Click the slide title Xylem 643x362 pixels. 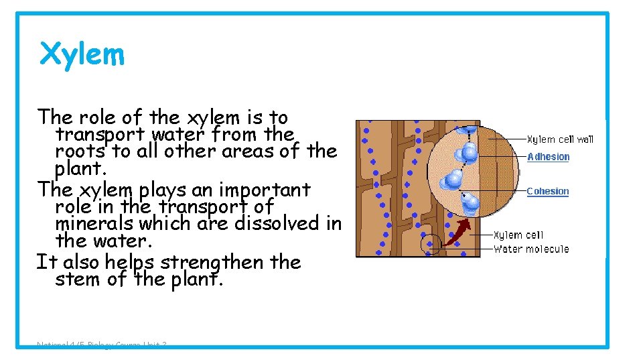click(x=82, y=54)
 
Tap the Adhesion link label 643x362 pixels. click(x=548, y=157)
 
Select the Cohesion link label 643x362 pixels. click(x=547, y=191)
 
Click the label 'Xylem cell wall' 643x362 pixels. click(x=560, y=139)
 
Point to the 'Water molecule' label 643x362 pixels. click(x=531, y=249)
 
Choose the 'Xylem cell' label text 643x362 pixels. click(x=518, y=235)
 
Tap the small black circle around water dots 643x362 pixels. click(x=431, y=244)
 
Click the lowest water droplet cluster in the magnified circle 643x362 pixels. click(x=471, y=202)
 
